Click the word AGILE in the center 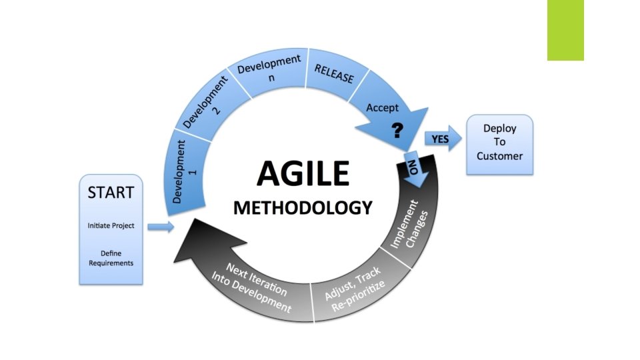coord(303,174)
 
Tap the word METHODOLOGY coord(302,207)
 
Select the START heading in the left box coord(111,193)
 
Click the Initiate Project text coord(111,225)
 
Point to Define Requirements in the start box coord(111,258)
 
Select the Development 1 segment coord(184,172)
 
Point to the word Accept coord(383,107)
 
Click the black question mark coord(397,130)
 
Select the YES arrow coord(442,139)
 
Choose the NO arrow coord(412,167)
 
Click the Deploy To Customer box coord(499,142)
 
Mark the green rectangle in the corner coord(565,30)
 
